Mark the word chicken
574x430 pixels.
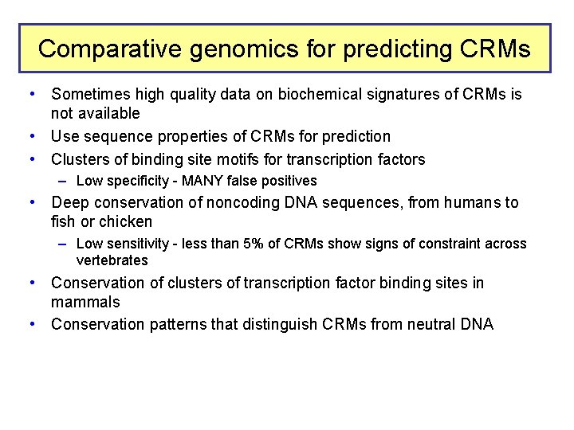125,221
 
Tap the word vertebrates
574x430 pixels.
112,260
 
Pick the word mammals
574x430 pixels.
85,302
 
